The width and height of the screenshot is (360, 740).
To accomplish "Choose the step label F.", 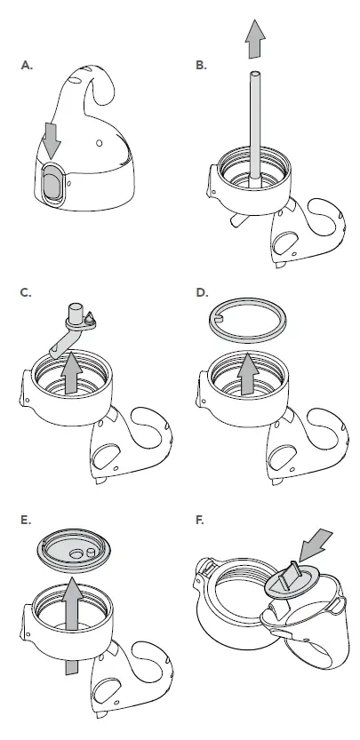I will coord(202,520).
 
